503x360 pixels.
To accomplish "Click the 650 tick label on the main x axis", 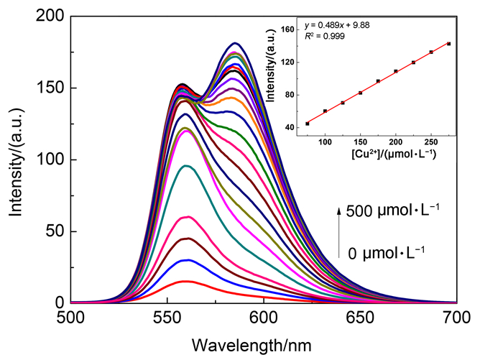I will pyautogui.click(x=359, y=317).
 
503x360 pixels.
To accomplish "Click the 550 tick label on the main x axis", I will pyautogui.click(x=167, y=317).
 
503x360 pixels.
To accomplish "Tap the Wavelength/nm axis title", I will pyautogui.click(x=263, y=343).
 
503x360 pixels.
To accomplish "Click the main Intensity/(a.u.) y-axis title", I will pyautogui.click(x=16, y=160).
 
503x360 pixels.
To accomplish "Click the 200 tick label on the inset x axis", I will pyautogui.click(x=395, y=143).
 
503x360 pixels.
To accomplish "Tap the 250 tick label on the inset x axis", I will pyautogui.click(x=431, y=143).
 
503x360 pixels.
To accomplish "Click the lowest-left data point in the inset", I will pyautogui.click(x=308, y=124).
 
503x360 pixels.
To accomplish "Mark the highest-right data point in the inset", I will pyautogui.click(x=448, y=44).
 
